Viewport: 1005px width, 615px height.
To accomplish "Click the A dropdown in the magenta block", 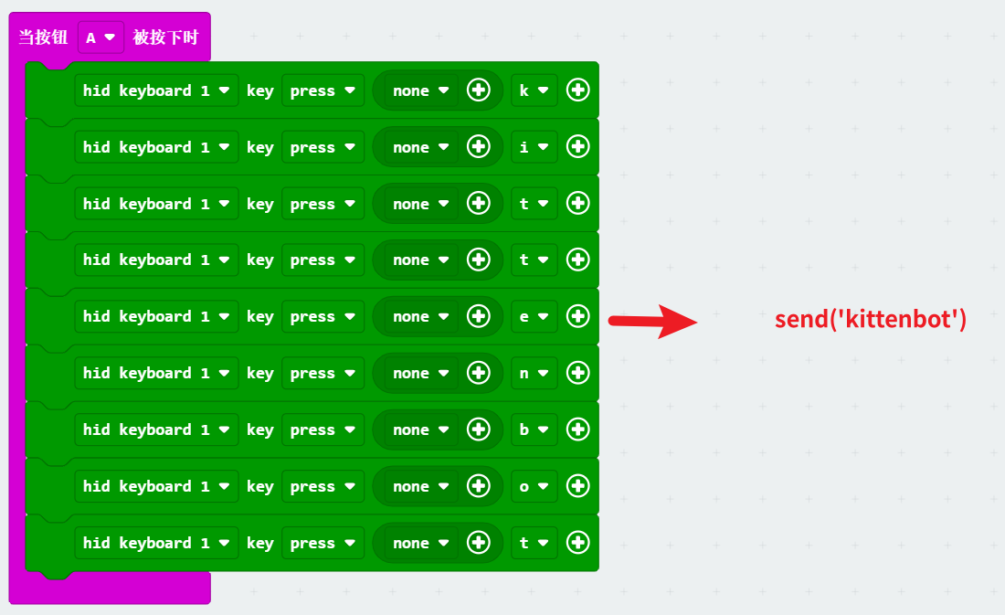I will tap(100, 37).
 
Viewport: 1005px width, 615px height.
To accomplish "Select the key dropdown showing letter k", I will tap(534, 90).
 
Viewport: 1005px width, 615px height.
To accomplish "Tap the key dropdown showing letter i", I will tap(534, 147).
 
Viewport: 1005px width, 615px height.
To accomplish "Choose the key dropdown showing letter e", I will tap(534, 316).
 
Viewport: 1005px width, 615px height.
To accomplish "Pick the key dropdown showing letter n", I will tap(534, 373).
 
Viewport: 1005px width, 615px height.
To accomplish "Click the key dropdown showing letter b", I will tap(534, 429).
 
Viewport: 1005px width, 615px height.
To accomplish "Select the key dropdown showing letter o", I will tap(534, 486).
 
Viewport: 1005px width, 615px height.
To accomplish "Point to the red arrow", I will tap(652, 320).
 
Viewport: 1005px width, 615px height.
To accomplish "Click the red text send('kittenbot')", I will tap(870, 319).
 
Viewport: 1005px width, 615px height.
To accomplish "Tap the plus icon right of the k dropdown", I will tap(577, 90).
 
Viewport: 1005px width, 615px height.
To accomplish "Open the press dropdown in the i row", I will tap(323, 147).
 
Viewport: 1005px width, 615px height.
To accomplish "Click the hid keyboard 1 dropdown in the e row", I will tap(156, 316).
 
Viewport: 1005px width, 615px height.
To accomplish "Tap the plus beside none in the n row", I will tap(479, 373).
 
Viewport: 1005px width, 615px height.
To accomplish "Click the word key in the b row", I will tap(260, 429).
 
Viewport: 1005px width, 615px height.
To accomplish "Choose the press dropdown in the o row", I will tap(323, 486).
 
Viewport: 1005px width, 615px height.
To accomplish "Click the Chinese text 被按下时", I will tap(165, 37).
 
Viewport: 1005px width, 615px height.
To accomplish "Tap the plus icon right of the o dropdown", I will tap(577, 486).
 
